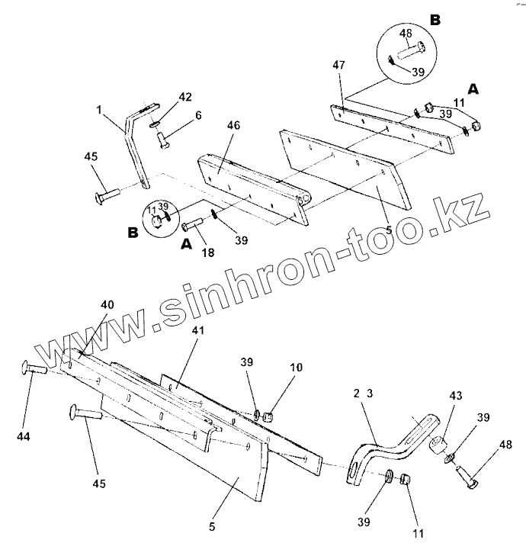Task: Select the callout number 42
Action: (185, 97)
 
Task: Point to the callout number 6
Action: (198, 115)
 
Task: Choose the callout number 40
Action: (107, 305)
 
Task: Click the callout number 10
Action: (296, 368)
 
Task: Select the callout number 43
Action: (456, 396)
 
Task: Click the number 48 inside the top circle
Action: (405, 33)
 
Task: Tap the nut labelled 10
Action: (268, 416)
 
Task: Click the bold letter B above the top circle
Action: (434, 20)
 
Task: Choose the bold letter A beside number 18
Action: (184, 244)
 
